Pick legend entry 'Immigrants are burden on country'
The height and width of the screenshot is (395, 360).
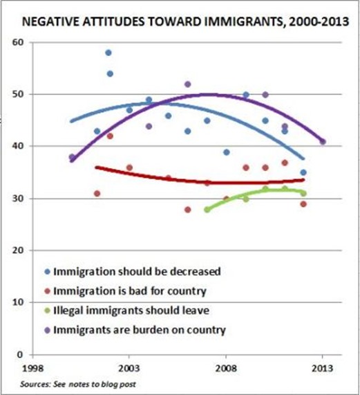pyautogui.click(x=138, y=330)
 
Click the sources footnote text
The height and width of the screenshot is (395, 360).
pyautogui.click(x=69, y=381)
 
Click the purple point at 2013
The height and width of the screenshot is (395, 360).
pyautogui.click(x=323, y=141)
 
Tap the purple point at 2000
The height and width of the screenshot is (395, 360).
pyautogui.click(x=72, y=157)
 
